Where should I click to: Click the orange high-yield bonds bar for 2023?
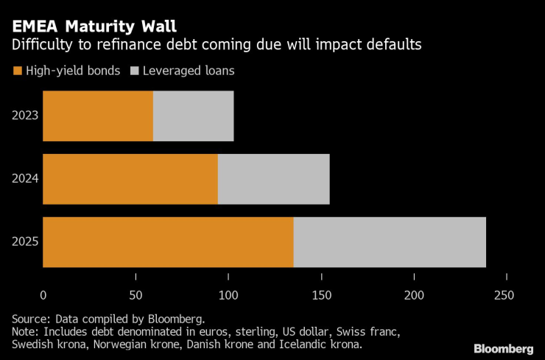click(x=98, y=116)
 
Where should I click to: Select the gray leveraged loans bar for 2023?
click(x=193, y=116)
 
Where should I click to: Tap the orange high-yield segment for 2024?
click(x=130, y=179)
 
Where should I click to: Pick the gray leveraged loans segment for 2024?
click(x=273, y=179)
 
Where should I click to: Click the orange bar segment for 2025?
click(x=168, y=242)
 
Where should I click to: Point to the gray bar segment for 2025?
click(x=390, y=242)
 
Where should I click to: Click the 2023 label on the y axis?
click(x=26, y=116)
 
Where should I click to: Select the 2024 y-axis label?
click(x=26, y=179)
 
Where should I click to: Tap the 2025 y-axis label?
click(x=26, y=242)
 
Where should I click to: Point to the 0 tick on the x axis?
click(x=43, y=295)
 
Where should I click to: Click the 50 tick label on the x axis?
click(x=136, y=295)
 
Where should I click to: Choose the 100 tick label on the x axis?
click(x=228, y=295)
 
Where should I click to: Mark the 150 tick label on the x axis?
click(x=321, y=295)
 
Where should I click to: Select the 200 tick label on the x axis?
click(x=414, y=295)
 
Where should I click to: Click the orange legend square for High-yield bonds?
click(x=17, y=71)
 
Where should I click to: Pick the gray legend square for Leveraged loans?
click(x=134, y=71)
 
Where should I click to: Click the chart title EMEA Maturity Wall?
click(x=93, y=27)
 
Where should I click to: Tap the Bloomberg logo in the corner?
click(x=503, y=347)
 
